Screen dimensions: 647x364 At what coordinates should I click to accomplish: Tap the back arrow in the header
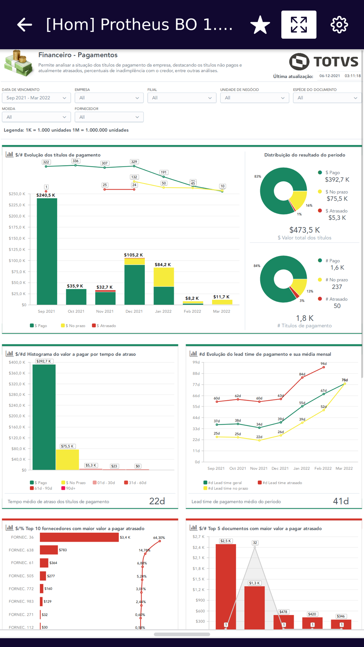click(x=24, y=25)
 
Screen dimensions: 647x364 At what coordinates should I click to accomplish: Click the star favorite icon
click(x=260, y=25)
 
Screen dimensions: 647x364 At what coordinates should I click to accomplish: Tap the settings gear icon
click(x=339, y=25)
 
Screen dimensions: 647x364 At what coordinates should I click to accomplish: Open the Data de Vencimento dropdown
click(x=36, y=98)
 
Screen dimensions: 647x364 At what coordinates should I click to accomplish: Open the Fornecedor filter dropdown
click(x=109, y=117)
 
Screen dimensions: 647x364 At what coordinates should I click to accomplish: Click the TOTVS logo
click(x=324, y=61)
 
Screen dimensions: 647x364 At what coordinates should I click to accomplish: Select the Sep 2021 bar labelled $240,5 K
click(x=47, y=251)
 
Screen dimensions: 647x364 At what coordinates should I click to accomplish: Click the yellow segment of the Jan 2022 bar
click(x=163, y=277)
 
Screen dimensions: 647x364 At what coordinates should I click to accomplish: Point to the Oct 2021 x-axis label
click(x=76, y=311)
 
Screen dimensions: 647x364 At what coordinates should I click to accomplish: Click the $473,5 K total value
click(x=304, y=230)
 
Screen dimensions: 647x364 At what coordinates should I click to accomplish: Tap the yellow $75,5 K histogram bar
click(x=67, y=460)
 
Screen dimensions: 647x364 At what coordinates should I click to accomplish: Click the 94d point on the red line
click(x=324, y=368)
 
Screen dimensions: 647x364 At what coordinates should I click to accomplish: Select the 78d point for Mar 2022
click(x=345, y=384)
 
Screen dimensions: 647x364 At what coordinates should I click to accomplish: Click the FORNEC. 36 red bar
click(x=79, y=537)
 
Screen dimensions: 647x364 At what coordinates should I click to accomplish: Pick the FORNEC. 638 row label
click(x=21, y=550)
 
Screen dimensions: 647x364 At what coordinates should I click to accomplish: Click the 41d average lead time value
click(x=341, y=501)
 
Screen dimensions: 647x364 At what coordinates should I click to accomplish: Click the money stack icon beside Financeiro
click(x=19, y=63)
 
